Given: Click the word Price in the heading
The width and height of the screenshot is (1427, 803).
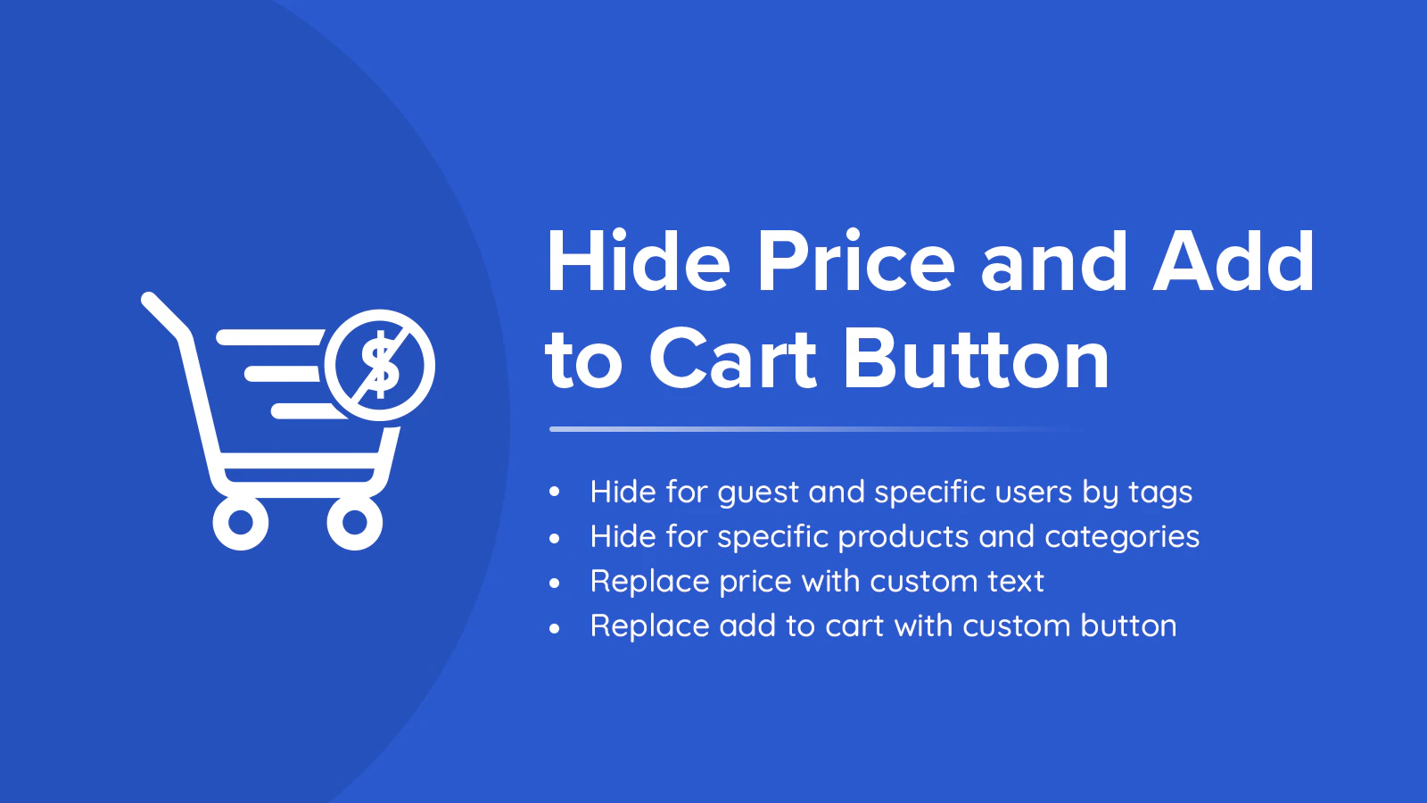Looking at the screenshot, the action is [855, 261].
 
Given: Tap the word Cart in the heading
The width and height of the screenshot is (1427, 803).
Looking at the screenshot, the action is [732, 358].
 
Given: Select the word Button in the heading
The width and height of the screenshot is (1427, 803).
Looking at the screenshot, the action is [977, 358].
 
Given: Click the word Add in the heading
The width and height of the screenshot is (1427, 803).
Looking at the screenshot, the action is [1233, 261].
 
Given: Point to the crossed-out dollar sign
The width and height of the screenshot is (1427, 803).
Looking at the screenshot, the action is [380, 365].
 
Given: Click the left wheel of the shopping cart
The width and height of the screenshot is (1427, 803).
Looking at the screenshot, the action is [241, 523].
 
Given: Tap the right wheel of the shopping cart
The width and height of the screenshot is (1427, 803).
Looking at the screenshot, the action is [355, 523].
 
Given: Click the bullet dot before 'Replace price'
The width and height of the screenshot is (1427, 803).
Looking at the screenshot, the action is [554, 584].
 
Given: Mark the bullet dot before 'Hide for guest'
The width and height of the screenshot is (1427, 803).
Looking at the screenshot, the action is [554, 492].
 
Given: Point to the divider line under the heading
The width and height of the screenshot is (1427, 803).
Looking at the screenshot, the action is [815, 429].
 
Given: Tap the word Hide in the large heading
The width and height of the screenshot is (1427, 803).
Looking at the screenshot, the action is [638, 261].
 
